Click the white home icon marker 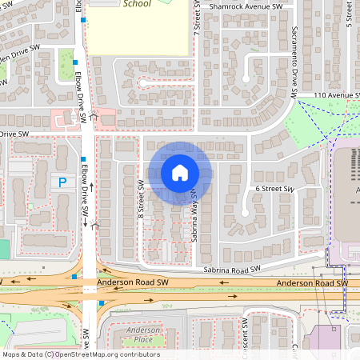click(180, 172)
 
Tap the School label click(137, 4)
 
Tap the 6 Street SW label click(274, 189)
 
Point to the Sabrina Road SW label click(233, 271)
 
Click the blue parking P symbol click(62, 182)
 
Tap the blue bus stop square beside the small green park click(74, 62)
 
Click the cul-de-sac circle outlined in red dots click(144, 82)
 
